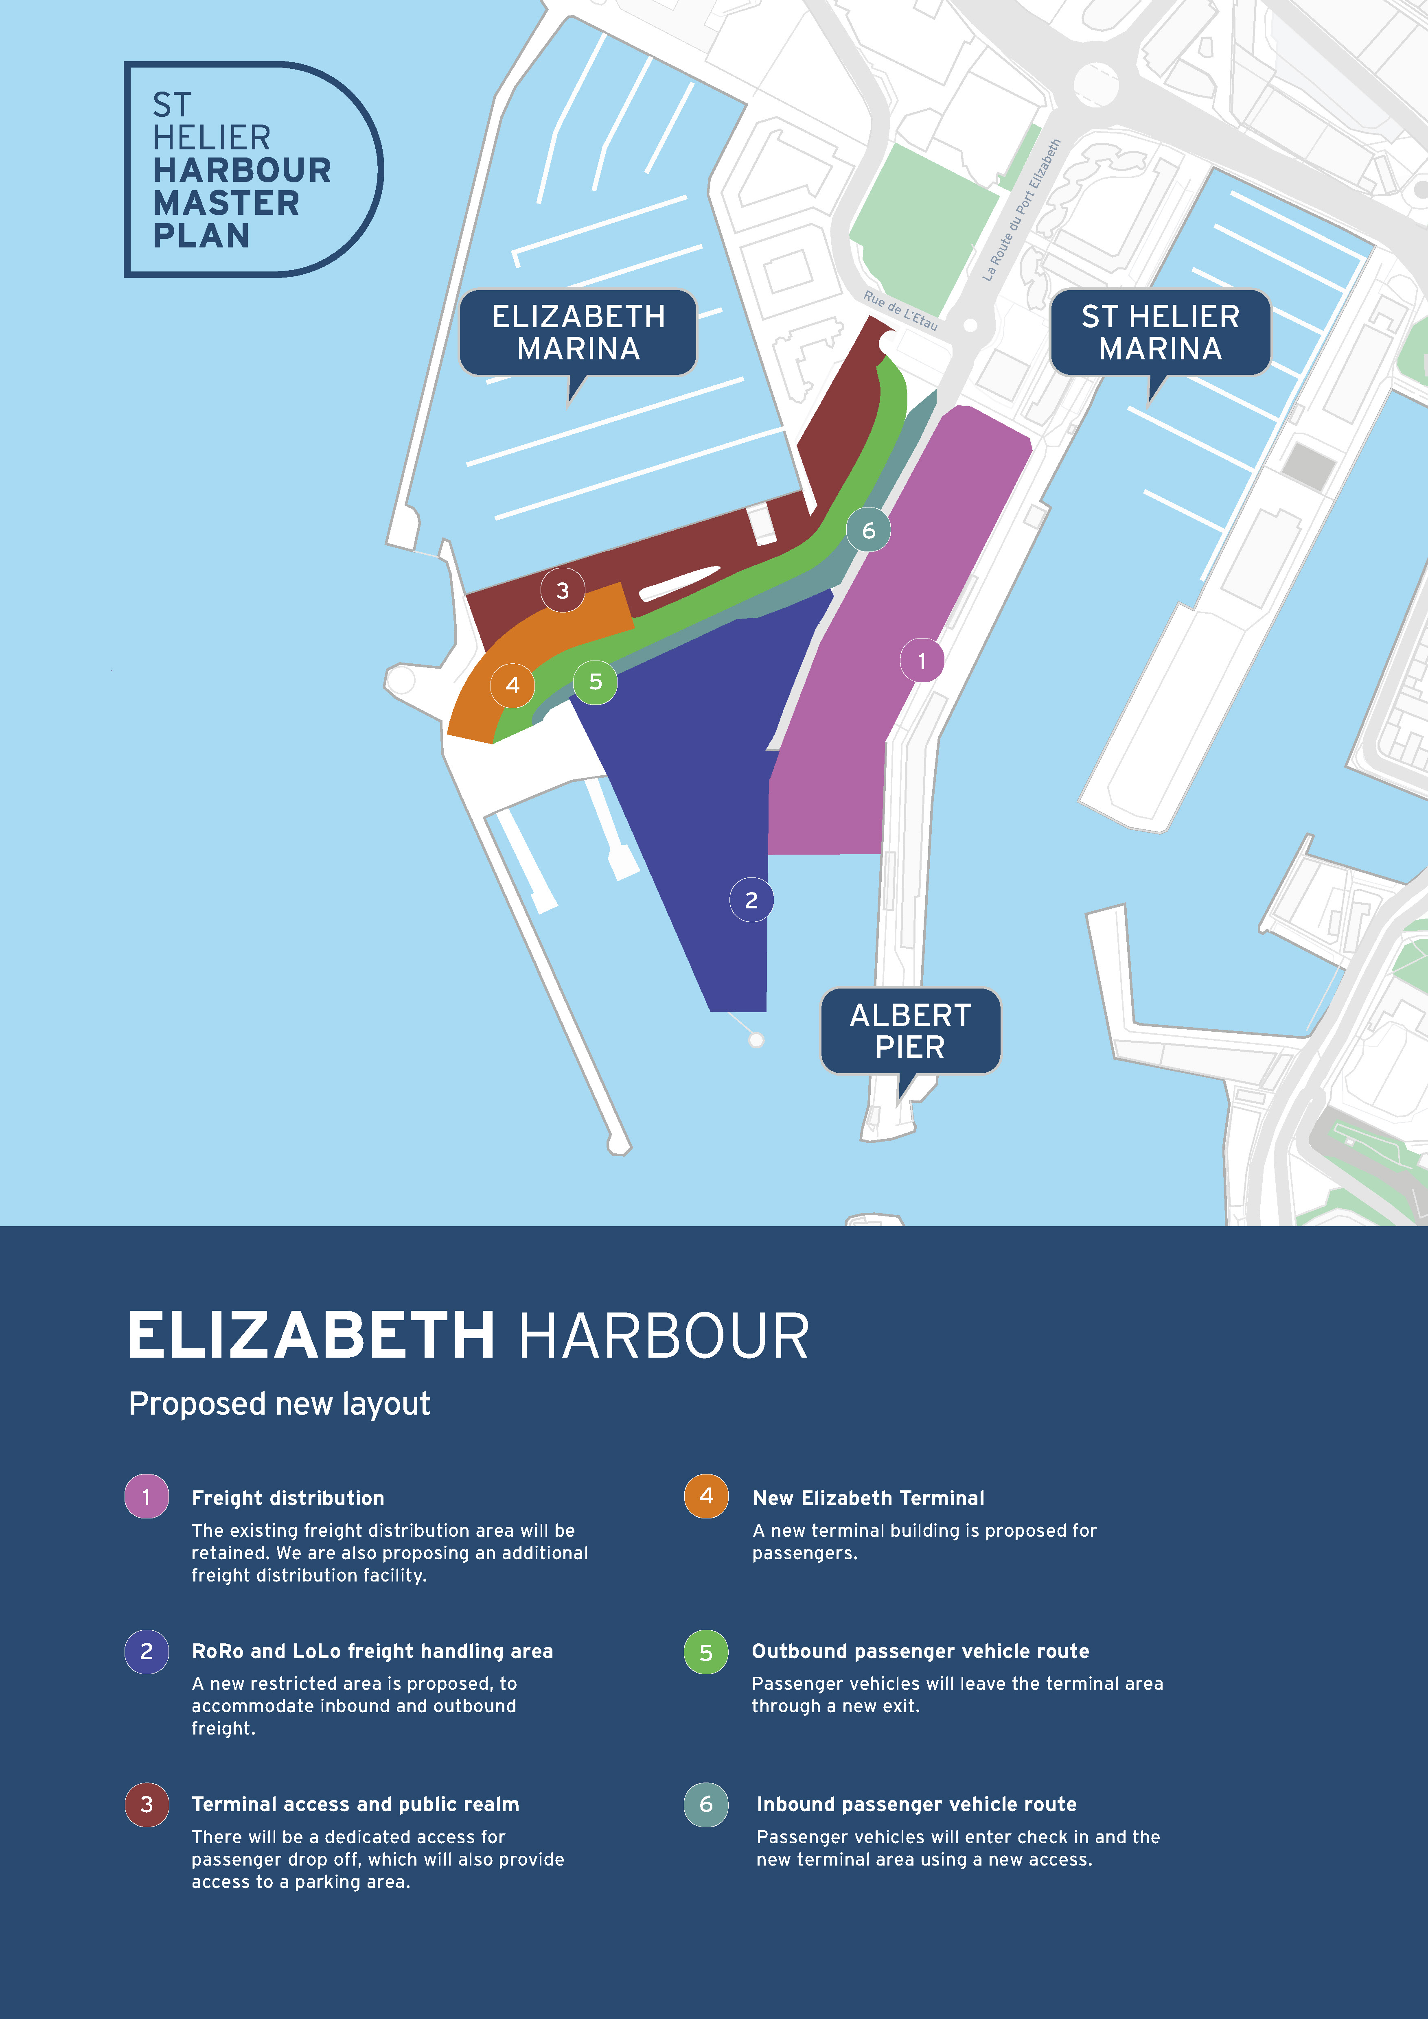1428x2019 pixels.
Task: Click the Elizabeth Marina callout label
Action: click(x=578, y=333)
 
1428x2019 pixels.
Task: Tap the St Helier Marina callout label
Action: click(x=1160, y=333)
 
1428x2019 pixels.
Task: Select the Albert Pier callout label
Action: click(x=910, y=1030)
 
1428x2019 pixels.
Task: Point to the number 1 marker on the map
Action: click(x=922, y=661)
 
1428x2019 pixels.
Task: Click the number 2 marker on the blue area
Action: click(x=751, y=899)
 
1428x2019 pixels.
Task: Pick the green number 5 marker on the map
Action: click(x=595, y=682)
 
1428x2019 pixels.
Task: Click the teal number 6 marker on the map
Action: click(x=868, y=530)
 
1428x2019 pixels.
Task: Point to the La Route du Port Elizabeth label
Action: click(x=1021, y=211)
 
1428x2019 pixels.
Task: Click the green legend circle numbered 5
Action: click(x=706, y=1652)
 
